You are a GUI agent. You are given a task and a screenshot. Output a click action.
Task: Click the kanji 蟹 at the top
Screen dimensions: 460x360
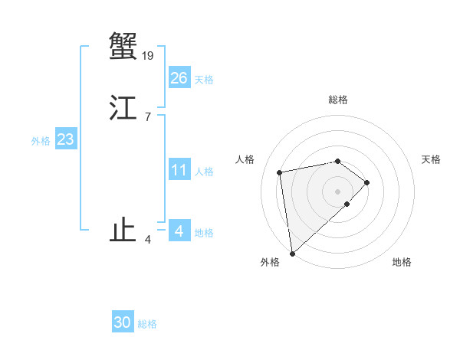[123, 46]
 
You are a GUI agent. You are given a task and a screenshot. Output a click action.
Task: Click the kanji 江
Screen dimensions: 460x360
[123, 108]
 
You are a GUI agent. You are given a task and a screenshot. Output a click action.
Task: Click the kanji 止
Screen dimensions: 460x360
[123, 231]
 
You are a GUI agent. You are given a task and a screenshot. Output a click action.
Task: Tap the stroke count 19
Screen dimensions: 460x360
[148, 55]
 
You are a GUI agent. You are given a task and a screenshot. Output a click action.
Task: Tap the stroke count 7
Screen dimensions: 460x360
[148, 117]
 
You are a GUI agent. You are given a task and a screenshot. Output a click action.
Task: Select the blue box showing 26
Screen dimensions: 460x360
[179, 78]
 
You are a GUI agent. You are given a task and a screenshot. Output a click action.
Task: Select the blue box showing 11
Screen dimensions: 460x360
[179, 170]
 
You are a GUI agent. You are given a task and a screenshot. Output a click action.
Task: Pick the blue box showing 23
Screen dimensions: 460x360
[65, 139]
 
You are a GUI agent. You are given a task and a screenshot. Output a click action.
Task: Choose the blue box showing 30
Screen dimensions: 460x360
[123, 322]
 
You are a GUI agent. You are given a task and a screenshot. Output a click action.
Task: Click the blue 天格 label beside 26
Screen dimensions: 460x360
[204, 80]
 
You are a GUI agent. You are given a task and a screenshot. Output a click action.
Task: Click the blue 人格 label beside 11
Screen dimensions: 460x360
[204, 172]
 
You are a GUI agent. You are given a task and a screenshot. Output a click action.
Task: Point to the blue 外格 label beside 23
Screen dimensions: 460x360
[41, 141]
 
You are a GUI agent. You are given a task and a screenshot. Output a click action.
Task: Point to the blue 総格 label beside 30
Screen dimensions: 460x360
[147, 324]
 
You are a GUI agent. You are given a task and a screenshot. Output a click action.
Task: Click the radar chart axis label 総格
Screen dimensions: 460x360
[338, 100]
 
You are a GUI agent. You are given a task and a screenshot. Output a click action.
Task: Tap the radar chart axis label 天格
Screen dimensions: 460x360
[432, 159]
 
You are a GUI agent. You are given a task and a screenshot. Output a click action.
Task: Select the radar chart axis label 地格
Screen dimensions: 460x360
[402, 262]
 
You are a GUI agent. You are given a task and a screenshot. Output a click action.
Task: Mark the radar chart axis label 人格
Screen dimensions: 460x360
[245, 159]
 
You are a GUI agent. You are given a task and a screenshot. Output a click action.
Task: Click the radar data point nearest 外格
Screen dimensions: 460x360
[292, 253]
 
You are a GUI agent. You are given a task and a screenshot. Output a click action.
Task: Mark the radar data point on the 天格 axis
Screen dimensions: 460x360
[367, 182]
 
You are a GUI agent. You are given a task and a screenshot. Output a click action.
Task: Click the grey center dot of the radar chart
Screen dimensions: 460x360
[338, 191]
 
